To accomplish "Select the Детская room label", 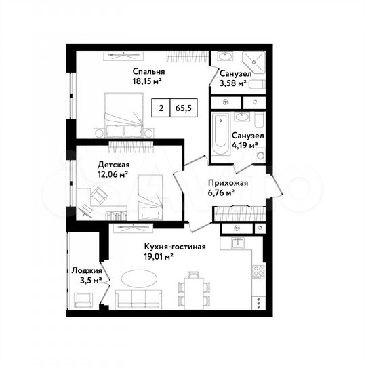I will (114, 165).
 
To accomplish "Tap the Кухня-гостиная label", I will (175, 247).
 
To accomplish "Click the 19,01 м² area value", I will (160, 256).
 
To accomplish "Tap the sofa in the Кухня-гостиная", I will (140, 299).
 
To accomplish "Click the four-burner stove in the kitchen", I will (258, 271).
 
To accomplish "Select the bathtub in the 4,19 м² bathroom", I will (221, 138).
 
